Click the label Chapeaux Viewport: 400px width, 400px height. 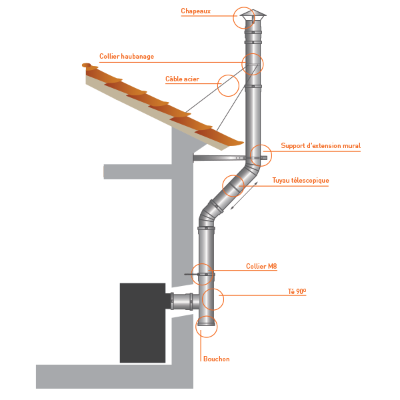pyautogui.click(x=195, y=11)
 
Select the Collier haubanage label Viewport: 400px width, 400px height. pyautogui.click(x=127, y=57)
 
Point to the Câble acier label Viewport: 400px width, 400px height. pyautogui.click(x=182, y=79)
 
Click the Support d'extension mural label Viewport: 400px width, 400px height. pyautogui.click(x=321, y=145)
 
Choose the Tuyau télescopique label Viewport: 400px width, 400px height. pyautogui.click(x=301, y=181)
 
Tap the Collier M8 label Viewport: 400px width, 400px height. pyautogui.click(x=261, y=266)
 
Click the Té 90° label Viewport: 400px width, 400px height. pyautogui.click(x=297, y=291)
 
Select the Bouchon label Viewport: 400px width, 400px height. pyautogui.click(x=216, y=359)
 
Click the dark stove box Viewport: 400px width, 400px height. pyautogui.click(x=143, y=323)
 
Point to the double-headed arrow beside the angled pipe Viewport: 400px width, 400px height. pyautogui.click(x=244, y=195)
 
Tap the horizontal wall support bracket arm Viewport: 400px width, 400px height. pyautogui.click(x=230, y=158)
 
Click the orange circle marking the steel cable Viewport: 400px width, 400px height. pyautogui.click(x=228, y=85)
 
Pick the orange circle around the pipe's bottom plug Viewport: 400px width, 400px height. pyautogui.click(x=207, y=327)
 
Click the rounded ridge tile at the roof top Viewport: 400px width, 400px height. pyautogui.click(x=86, y=65)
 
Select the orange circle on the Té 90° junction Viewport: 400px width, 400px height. pyautogui.click(x=213, y=299)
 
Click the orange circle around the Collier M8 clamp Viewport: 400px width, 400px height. pyautogui.click(x=202, y=274)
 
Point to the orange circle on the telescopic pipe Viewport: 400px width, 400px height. pyautogui.click(x=233, y=186)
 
